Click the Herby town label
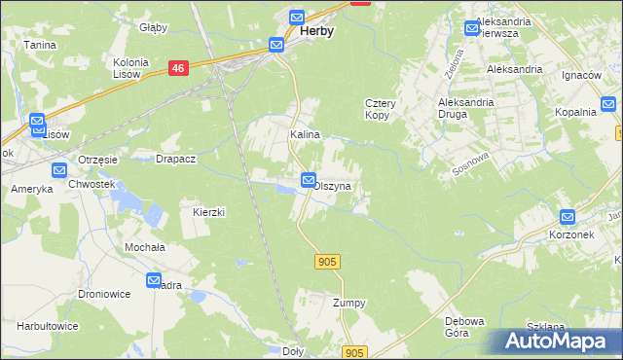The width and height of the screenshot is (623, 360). coord(317,31)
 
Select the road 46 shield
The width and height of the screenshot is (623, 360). coord(177,68)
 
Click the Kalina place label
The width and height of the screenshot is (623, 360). coord(305,135)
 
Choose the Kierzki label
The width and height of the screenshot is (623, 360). coord(209,211)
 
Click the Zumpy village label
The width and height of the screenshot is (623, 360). coord(348,303)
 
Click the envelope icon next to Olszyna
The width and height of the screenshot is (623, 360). coord(309,180)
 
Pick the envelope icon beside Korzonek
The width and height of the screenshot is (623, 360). coord(568,218)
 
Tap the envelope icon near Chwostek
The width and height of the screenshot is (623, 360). coord(59,170)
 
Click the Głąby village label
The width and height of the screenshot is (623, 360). coord(153,27)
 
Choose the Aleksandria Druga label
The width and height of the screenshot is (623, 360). coord(466,108)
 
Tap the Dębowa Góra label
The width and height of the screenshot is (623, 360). coord(464,327)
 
